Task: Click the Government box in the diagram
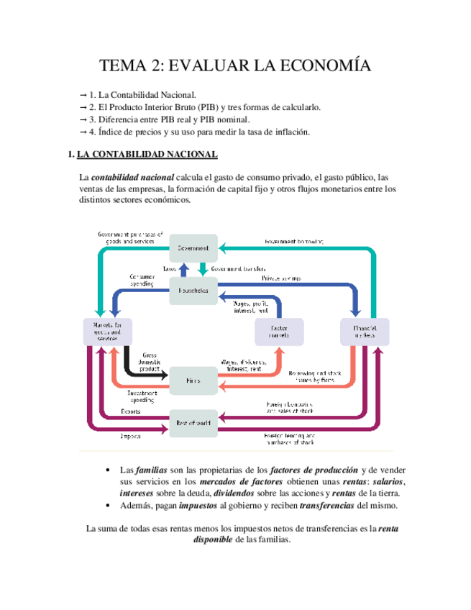[x=193, y=248]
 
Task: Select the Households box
[x=193, y=291]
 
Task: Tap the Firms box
[x=193, y=380]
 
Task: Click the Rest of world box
[x=193, y=422]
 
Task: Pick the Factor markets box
[x=277, y=332]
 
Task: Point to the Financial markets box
[x=365, y=332]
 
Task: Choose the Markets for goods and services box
[x=108, y=332]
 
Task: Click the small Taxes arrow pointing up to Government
[x=183, y=269]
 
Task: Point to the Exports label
[x=131, y=412]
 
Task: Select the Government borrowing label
[x=294, y=242]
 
